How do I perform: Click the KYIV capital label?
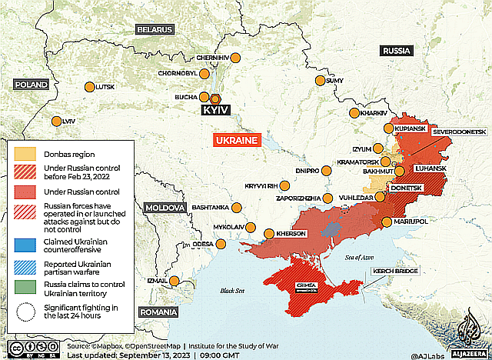tap(215, 111)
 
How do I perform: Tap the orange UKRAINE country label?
tap(237, 141)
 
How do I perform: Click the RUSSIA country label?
tap(397, 51)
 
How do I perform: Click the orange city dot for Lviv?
tap(56, 122)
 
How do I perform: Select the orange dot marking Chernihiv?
tap(236, 58)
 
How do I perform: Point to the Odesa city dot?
tap(221, 245)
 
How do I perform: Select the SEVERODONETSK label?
tap(460, 132)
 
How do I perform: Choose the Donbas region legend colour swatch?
tap(25, 154)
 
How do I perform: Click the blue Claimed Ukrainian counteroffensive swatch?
tap(25, 245)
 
